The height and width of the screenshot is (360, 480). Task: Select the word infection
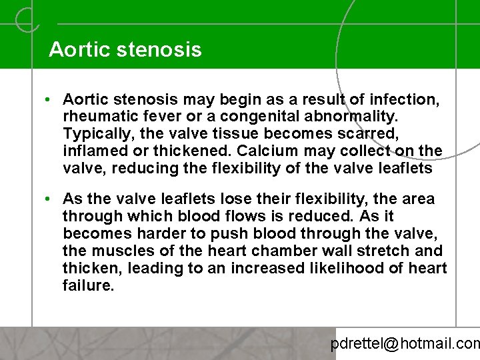(403, 100)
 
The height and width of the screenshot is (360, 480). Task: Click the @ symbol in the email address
(391, 344)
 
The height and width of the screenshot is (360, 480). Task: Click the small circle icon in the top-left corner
(27, 19)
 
